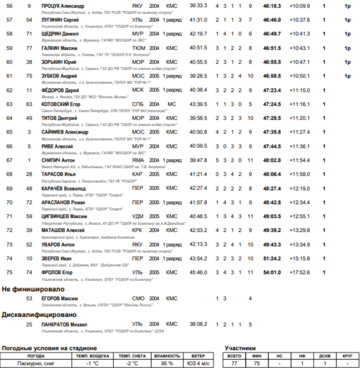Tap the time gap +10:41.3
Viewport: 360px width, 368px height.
pos(300,34)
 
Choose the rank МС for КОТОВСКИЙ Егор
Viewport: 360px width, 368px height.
pos(172,104)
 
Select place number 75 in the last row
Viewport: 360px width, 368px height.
pos(10,272)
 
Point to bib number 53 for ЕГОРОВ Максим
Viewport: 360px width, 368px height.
pos(29,298)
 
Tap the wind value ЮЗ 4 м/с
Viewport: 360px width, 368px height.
pos(198,364)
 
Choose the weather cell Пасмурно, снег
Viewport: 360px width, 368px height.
pos(36,364)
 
